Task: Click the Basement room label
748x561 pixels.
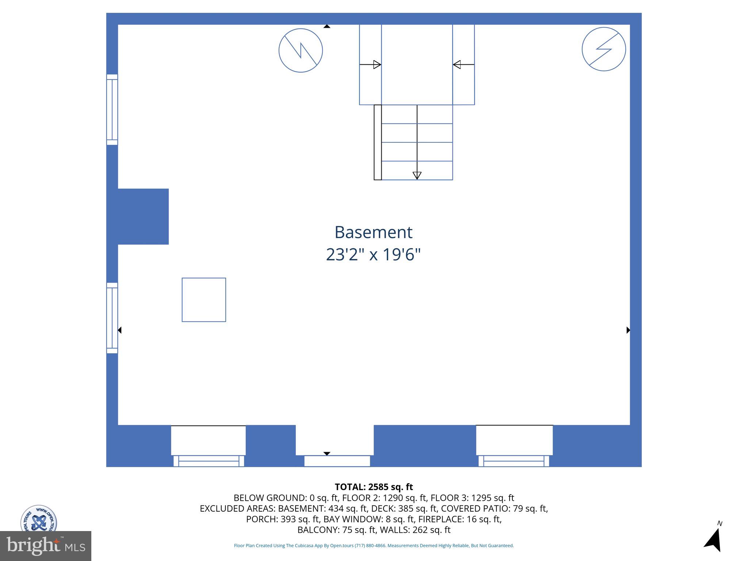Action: pos(373,232)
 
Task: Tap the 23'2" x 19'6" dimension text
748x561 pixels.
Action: pos(373,255)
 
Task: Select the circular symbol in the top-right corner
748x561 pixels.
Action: pos(603,49)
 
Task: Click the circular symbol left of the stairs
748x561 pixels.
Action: pos(301,50)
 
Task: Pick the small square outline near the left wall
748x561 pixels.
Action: pos(204,300)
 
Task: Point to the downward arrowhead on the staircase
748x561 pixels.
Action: pos(417,175)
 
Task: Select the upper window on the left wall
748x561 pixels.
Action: pos(112,110)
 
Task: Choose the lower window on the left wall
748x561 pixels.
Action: pos(112,318)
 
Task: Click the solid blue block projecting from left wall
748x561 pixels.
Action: pos(143,216)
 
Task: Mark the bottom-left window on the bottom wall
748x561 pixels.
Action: pos(209,461)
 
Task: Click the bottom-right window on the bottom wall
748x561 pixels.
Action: pos(514,461)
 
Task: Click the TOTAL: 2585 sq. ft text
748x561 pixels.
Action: pos(374,487)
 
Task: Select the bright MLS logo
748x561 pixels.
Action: pos(46,546)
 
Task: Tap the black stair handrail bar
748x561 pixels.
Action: pos(378,142)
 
